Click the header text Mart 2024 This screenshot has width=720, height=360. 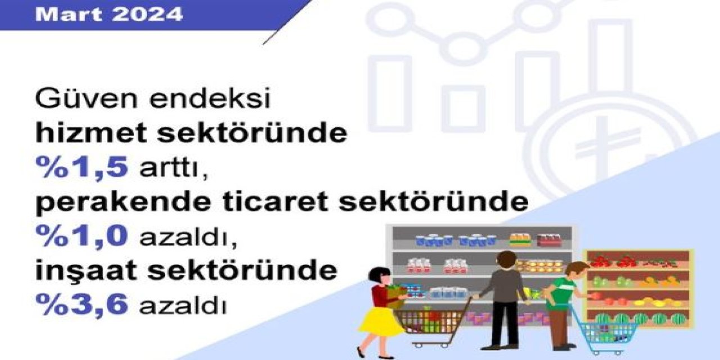[109, 14]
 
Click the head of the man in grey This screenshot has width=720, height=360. [506, 260]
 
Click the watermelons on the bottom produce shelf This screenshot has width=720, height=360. [641, 319]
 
